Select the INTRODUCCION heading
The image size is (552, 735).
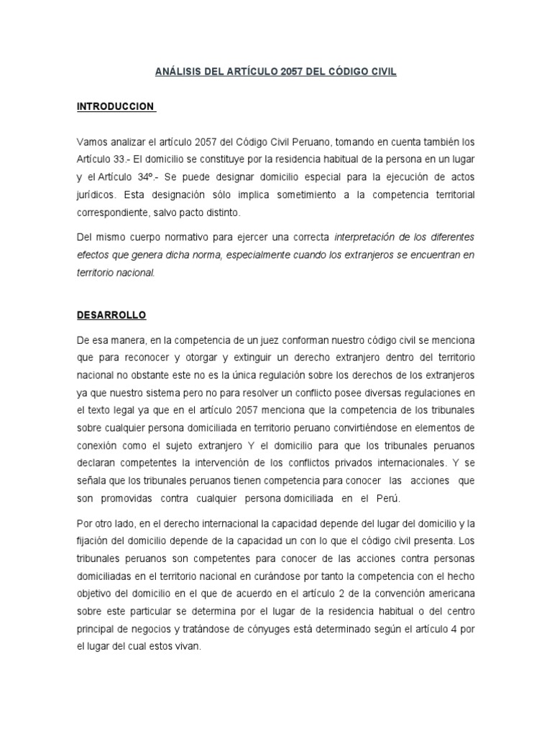tap(115, 106)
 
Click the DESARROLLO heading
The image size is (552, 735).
tap(111, 314)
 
